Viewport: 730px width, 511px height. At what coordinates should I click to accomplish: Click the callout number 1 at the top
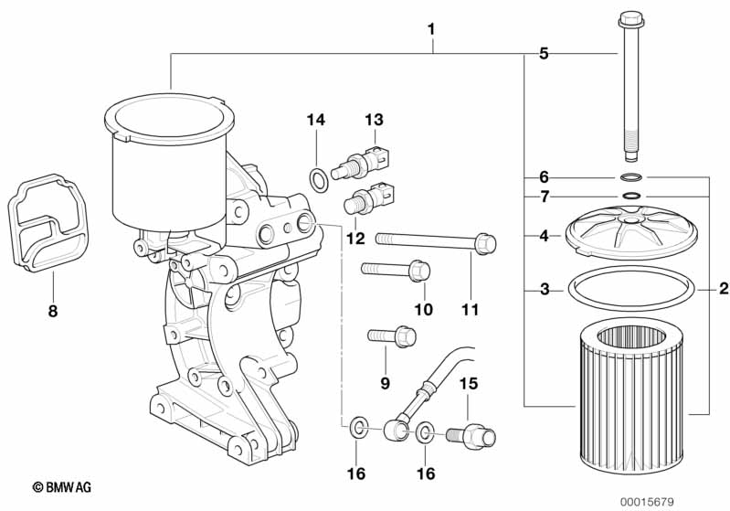click(431, 29)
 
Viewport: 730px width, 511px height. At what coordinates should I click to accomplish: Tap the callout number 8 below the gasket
click(52, 311)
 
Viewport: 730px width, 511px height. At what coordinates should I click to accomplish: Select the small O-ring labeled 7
click(631, 196)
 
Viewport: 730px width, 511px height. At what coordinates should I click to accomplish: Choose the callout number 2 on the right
click(723, 290)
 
